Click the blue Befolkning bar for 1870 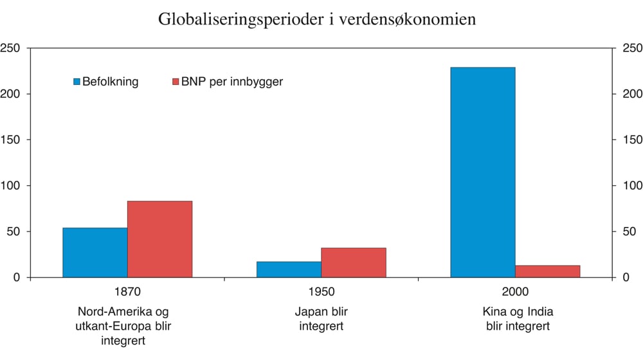tap(95, 253)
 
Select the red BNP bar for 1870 tap(159, 239)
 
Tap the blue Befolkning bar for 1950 tap(289, 269)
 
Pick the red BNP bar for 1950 tap(353, 262)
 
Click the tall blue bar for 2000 tap(482, 172)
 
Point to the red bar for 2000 tap(547, 271)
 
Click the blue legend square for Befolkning tap(77, 82)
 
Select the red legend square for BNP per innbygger tap(175, 82)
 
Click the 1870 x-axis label tap(127, 292)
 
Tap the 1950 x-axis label tap(321, 292)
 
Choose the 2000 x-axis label tap(515, 292)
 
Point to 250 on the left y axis tap(12, 48)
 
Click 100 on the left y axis tap(12, 186)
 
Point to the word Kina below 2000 tap(494, 312)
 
